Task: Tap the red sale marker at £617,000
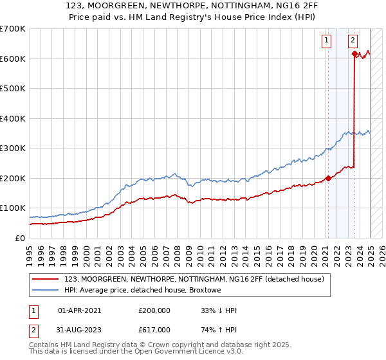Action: pyautogui.click(x=354, y=53)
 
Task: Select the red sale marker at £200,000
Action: pyautogui.click(x=327, y=178)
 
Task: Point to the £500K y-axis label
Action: pyautogui.click(x=13, y=89)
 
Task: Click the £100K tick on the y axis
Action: pyautogui.click(x=13, y=208)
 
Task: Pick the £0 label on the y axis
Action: pyautogui.click(x=19, y=238)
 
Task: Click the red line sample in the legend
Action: pyautogui.click(x=46, y=279)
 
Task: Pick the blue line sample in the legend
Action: pyautogui.click(x=46, y=291)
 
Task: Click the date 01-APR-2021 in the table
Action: pyautogui.click(x=79, y=310)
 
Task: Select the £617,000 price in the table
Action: pyautogui.click(x=154, y=330)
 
